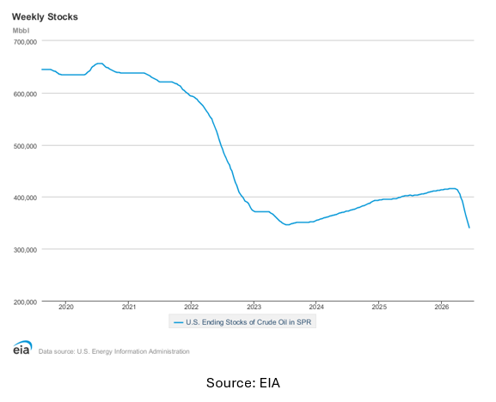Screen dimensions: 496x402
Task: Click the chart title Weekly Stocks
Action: (x=45, y=17)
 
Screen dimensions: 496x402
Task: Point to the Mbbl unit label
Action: (x=21, y=31)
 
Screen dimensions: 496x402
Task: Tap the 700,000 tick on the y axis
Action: (x=25, y=42)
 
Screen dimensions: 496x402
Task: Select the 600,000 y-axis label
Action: (x=25, y=94)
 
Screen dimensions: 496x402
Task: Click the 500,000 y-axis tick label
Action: (x=25, y=146)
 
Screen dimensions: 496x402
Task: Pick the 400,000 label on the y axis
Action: (x=25, y=198)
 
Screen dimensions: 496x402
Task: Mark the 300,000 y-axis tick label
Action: (x=25, y=250)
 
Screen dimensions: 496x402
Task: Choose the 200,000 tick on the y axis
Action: (x=25, y=302)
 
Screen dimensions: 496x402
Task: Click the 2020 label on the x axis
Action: (x=66, y=308)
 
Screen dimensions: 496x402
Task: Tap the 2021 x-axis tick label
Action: (x=128, y=308)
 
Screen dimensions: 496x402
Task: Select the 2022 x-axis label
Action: (x=191, y=308)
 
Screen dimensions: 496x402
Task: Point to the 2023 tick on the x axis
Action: (x=254, y=308)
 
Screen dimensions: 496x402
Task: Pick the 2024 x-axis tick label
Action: (x=316, y=308)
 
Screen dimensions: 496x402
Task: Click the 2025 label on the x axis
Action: (x=379, y=308)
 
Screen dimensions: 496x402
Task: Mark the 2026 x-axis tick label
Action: (x=442, y=308)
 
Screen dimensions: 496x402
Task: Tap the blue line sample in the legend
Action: (x=179, y=323)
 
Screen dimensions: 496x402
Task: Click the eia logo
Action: (x=22, y=347)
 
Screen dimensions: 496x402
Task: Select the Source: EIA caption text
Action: (x=243, y=383)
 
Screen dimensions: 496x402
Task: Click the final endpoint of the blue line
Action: (x=469, y=228)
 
